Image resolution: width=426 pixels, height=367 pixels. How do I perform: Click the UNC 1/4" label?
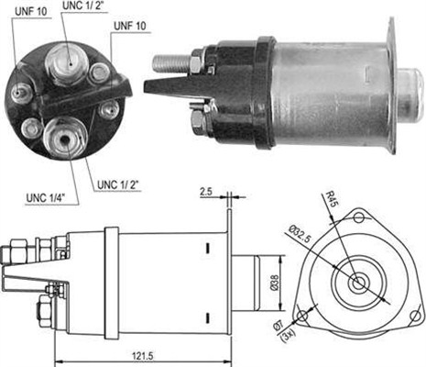point(46,198)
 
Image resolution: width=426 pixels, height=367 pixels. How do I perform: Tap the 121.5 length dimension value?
point(143,356)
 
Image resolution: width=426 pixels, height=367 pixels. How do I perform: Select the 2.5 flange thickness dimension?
point(206,192)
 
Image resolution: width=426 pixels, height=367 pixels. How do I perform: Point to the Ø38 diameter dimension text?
point(274,283)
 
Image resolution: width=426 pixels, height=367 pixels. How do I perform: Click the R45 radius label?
point(331,199)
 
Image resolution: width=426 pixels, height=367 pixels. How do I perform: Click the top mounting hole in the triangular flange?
point(359,218)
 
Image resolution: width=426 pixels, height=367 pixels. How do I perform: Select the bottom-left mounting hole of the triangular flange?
point(302,315)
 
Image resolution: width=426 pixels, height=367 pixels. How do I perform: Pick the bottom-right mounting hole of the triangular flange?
point(415,317)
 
